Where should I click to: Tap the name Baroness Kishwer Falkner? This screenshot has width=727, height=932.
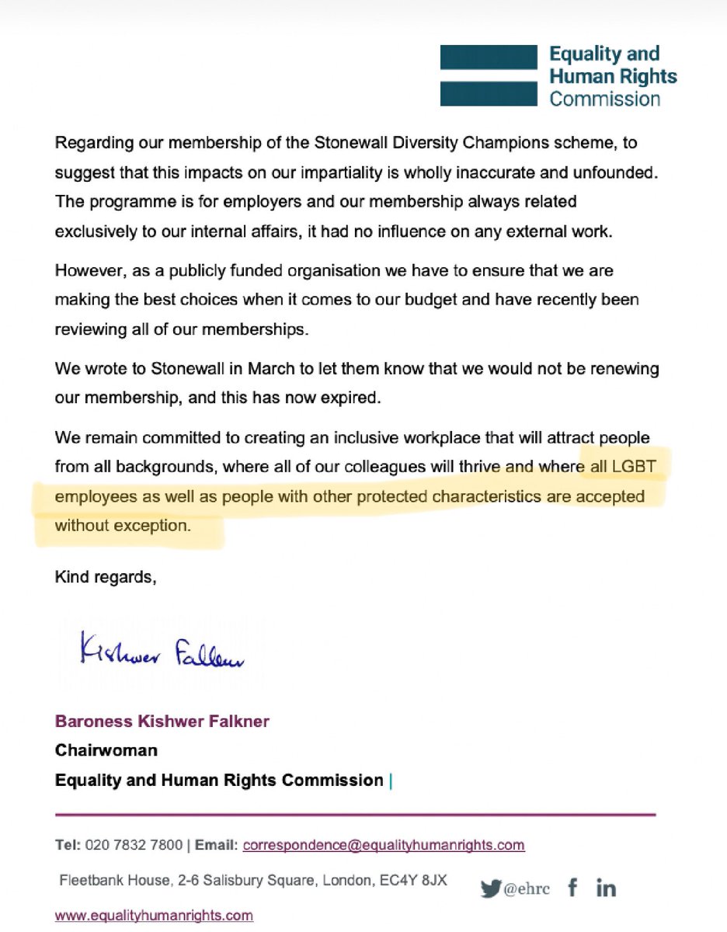tap(162, 722)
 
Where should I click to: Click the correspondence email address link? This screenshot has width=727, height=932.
tap(384, 844)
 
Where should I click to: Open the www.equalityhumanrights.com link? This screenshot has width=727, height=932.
tap(154, 915)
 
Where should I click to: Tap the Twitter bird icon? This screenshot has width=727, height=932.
tap(491, 888)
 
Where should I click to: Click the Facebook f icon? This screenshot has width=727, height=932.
tap(572, 888)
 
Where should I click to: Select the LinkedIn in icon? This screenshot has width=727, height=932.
tap(606, 888)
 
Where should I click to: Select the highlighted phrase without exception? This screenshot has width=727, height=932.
tap(122, 525)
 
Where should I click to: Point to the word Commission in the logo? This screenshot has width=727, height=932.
tap(604, 99)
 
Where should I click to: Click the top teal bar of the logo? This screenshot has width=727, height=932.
tap(489, 57)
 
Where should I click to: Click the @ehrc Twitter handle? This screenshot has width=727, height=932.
tap(527, 889)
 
